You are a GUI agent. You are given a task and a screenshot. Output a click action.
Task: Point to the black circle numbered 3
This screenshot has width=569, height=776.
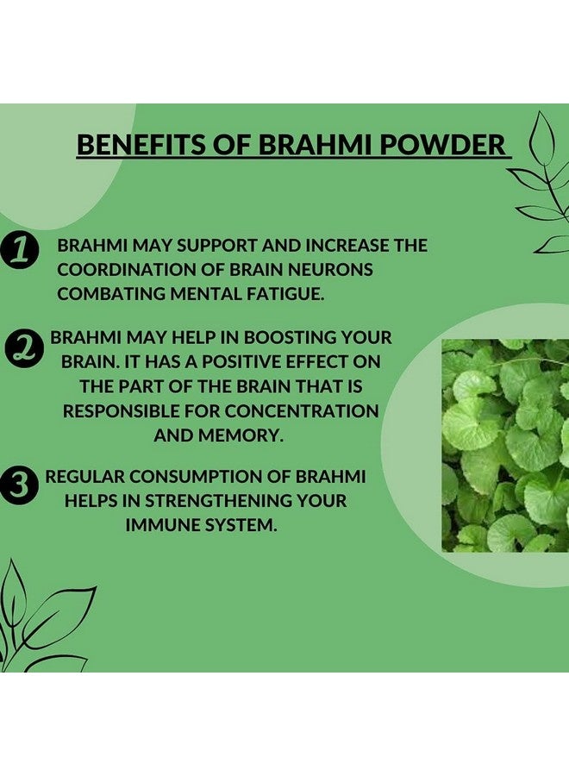(x=20, y=486)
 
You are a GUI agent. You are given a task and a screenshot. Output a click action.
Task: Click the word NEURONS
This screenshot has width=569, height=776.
(x=328, y=269)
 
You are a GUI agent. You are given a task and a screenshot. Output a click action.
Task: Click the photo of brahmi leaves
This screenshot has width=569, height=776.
(x=505, y=445)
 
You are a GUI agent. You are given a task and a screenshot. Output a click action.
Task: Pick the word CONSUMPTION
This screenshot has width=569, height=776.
(x=200, y=476)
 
